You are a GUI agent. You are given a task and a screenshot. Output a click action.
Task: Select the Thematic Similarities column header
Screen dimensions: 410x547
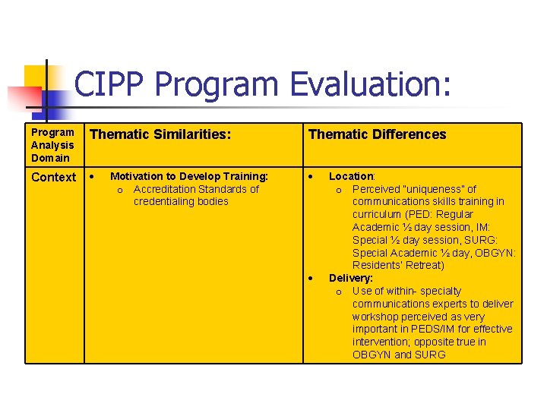[x=160, y=134]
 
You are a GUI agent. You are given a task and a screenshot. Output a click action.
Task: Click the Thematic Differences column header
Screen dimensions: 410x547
[x=377, y=134]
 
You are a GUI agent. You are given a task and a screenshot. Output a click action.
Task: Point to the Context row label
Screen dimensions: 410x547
[x=53, y=178]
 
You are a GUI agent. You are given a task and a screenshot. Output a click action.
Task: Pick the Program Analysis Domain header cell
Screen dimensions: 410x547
[x=52, y=145]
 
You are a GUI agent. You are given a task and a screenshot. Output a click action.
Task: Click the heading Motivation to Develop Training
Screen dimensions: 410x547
[x=189, y=176]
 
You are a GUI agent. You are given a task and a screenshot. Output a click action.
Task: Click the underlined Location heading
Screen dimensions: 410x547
[x=351, y=176]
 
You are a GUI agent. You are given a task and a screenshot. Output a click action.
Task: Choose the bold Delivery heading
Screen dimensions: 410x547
[x=351, y=278]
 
